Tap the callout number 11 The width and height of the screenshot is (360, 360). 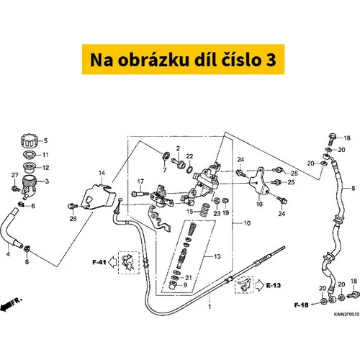pyautogui.click(x=45, y=155)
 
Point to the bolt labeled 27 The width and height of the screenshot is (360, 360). pyautogui.click(x=16, y=188)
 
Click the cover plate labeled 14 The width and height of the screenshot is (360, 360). pyautogui.click(x=98, y=197)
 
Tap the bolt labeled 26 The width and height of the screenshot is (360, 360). pyautogui.click(x=72, y=206)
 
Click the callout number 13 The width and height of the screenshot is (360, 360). pyautogui.click(x=217, y=256)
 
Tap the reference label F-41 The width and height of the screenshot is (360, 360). pyautogui.click(x=99, y=262)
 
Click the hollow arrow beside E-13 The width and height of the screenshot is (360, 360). pyautogui.click(x=259, y=285)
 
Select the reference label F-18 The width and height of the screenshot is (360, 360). pyautogui.click(x=301, y=305)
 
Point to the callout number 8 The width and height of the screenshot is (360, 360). pyautogui.click(x=353, y=188)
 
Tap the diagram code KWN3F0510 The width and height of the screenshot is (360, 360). pyautogui.click(x=346, y=314)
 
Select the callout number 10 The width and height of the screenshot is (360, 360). pyautogui.click(x=247, y=223)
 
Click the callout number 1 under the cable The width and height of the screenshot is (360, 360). pyautogui.click(x=210, y=307)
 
